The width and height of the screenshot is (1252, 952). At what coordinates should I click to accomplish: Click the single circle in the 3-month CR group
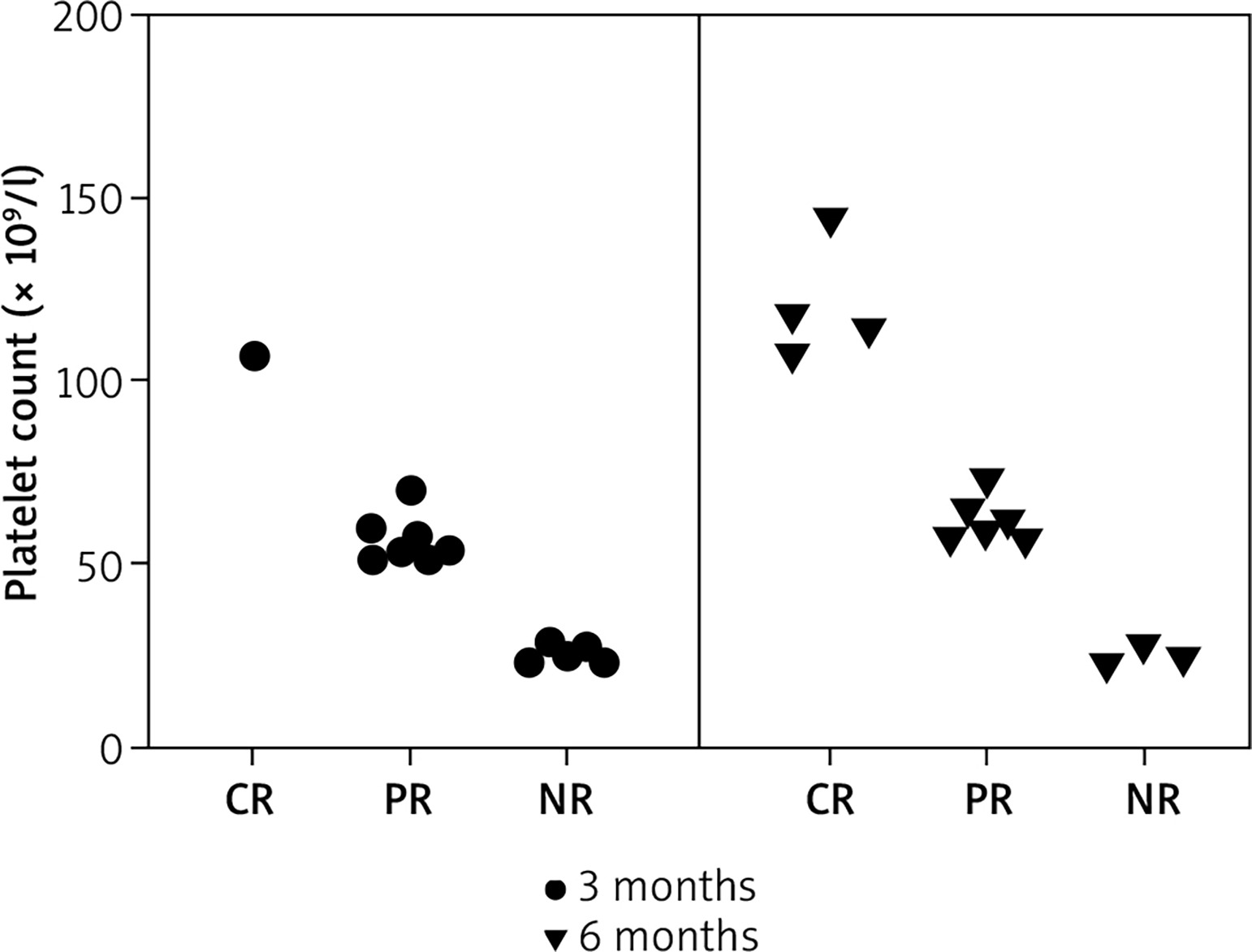pyautogui.click(x=254, y=355)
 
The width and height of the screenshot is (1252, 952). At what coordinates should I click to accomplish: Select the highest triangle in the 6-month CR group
pyautogui.click(x=830, y=220)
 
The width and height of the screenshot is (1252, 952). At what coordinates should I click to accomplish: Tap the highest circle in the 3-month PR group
pyautogui.click(x=411, y=489)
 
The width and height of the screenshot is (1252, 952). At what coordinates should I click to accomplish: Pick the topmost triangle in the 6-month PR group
pyautogui.click(x=986, y=481)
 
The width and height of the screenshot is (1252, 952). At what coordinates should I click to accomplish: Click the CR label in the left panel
pyautogui.click(x=249, y=801)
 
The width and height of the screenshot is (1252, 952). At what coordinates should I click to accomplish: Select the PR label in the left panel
pyautogui.click(x=408, y=801)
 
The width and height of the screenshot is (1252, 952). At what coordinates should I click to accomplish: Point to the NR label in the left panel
pyautogui.click(x=566, y=801)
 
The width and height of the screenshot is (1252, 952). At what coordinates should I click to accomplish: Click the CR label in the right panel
pyautogui.click(x=830, y=801)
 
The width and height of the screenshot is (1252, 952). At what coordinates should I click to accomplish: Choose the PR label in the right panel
pyautogui.click(x=989, y=801)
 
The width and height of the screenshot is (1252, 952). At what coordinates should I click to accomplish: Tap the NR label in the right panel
pyautogui.click(x=1153, y=801)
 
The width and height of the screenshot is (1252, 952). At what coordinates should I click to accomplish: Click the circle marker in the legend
pyautogui.click(x=555, y=890)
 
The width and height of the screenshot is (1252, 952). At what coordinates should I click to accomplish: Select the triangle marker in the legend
pyautogui.click(x=555, y=939)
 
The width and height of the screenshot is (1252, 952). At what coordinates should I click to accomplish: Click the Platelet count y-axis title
pyautogui.click(x=26, y=381)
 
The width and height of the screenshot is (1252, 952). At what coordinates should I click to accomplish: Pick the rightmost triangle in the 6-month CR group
pyautogui.click(x=868, y=330)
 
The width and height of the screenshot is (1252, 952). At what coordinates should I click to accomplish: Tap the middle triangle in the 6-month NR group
pyautogui.click(x=1143, y=647)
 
